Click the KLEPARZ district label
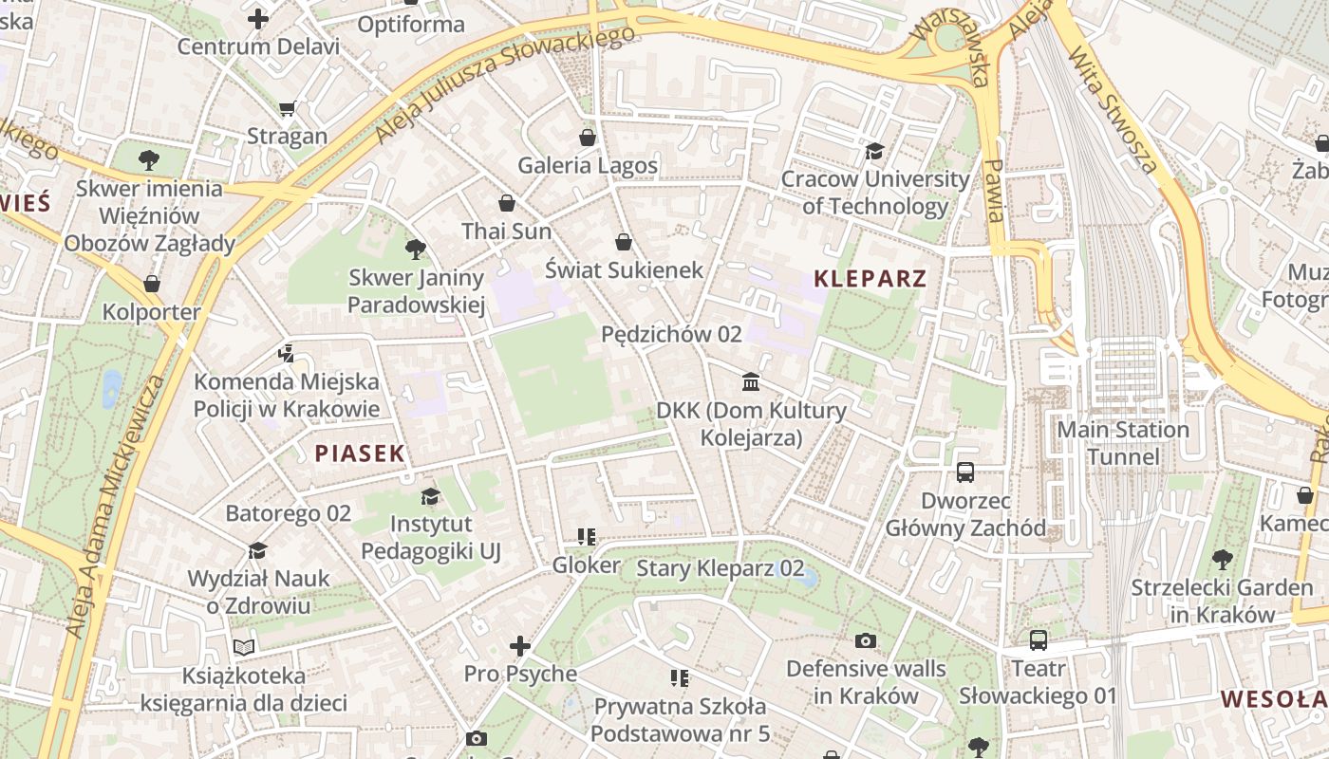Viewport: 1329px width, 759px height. coord(870,279)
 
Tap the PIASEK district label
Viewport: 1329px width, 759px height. coord(360,454)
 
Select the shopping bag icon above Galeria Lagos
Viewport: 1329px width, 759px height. coord(588,138)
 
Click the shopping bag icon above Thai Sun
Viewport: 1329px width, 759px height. coord(507,203)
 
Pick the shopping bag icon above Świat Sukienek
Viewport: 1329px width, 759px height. coord(624,242)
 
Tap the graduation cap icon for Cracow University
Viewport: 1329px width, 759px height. coord(874,151)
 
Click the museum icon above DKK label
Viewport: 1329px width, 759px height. coord(751,382)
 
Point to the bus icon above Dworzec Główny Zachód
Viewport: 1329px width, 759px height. coord(965,472)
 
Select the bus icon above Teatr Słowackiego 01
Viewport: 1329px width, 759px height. coord(1039,640)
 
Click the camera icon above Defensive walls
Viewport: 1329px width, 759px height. coord(866,641)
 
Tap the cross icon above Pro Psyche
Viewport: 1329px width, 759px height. coord(520,646)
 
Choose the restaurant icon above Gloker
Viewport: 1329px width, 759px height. coord(587,537)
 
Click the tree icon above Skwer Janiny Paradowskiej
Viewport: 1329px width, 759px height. coord(415,250)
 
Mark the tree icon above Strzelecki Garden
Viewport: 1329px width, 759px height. coord(1222,560)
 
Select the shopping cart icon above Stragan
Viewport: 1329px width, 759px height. coord(287,108)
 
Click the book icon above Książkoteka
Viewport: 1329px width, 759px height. coord(244,647)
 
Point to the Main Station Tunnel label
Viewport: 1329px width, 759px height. coord(1123,443)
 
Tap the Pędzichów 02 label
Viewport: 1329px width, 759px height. coord(671,334)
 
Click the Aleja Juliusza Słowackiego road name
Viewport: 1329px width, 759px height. coord(504,85)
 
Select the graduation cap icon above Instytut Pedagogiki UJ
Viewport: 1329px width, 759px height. coord(430,496)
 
